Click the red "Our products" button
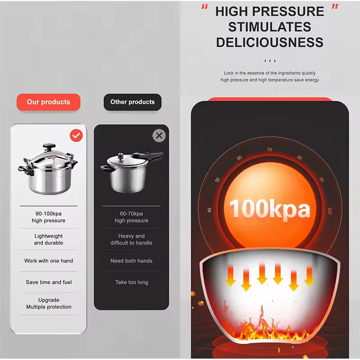point(49,102)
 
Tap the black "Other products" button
point(132,102)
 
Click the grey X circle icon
point(159,135)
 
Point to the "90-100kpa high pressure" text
point(49,217)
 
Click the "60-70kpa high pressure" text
point(131,217)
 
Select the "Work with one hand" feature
point(49,261)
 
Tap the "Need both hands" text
point(131,261)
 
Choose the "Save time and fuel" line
point(49,283)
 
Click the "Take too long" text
point(131,283)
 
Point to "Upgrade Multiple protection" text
point(49,303)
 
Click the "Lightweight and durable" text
point(49,239)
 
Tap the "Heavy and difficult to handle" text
point(131,239)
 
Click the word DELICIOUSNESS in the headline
point(270,42)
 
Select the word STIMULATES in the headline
point(270,27)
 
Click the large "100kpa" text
point(270,209)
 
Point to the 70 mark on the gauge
point(269,150)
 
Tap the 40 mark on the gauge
point(209,210)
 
